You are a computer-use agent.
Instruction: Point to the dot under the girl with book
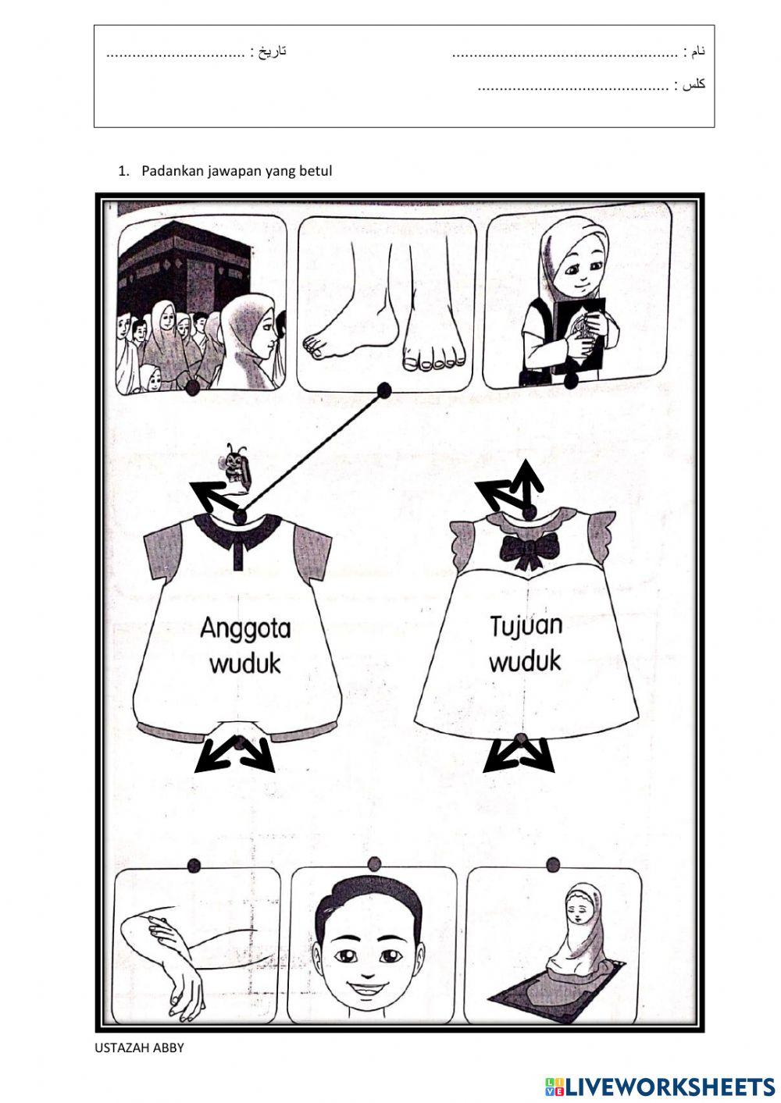point(570,380)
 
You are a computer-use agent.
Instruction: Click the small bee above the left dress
point(235,466)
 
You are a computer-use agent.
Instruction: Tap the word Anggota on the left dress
point(244,628)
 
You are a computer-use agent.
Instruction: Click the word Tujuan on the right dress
point(526,626)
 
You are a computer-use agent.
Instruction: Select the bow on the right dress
point(530,550)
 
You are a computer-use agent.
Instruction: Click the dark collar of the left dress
point(241,530)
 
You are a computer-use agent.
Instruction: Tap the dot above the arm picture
point(194,865)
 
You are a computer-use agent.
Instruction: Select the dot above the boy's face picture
point(374,863)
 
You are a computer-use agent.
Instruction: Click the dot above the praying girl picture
point(553,864)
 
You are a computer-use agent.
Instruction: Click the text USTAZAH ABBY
point(139,1048)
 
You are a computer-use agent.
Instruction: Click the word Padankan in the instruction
point(172,170)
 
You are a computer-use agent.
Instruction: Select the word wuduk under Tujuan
point(525,661)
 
